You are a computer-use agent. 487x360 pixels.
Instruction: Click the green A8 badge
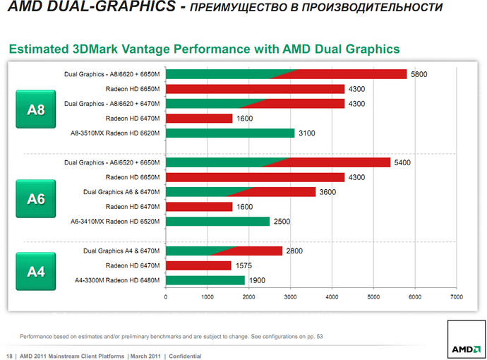(x=36, y=110)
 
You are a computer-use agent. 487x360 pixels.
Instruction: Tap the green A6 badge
(x=36, y=199)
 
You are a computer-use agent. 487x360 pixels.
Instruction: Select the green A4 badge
(x=36, y=271)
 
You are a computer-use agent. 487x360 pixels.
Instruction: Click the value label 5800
(x=419, y=74)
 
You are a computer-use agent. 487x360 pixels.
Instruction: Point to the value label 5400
(x=402, y=162)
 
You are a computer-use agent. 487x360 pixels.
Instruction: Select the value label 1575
(x=245, y=265)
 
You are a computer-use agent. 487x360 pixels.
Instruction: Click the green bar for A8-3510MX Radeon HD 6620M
(x=229, y=133)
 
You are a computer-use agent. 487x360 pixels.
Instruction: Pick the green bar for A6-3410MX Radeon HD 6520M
(x=217, y=222)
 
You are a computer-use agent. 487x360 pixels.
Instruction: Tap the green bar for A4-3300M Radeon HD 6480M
(x=205, y=280)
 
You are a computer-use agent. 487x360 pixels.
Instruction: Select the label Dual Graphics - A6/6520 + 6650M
(x=112, y=162)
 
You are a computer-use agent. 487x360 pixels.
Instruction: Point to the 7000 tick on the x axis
(x=456, y=297)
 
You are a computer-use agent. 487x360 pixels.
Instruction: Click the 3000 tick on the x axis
(x=290, y=297)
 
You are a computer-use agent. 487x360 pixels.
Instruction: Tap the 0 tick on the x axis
(x=166, y=297)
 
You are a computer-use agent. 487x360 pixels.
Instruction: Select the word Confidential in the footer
(x=185, y=356)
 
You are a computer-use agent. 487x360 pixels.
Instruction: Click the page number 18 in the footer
(x=10, y=356)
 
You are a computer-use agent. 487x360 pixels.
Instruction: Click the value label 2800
(x=294, y=251)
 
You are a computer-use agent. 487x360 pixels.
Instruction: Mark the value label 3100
(x=306, y=133)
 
